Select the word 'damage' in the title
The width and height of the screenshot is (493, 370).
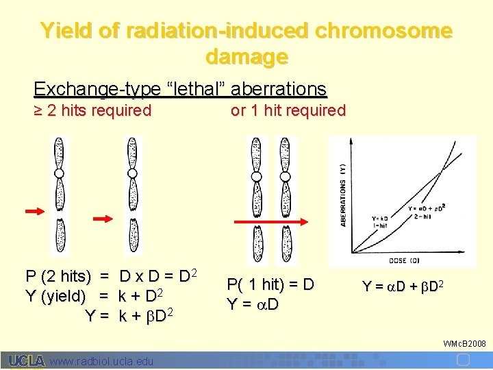[x=246, y=56]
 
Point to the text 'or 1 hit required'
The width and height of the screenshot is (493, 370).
[x=288, y=110]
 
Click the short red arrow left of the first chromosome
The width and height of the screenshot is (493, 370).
[x=34, y=211]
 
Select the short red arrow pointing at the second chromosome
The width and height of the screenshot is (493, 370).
[x=103, y=219]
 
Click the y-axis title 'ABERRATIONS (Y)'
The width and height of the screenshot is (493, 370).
[x=342, y=195]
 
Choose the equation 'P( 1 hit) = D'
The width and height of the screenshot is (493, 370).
[x=270, y=284]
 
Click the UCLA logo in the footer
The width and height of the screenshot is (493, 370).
[x=27, y=360]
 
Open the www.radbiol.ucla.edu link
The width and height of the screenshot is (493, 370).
[x=102, y=361]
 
